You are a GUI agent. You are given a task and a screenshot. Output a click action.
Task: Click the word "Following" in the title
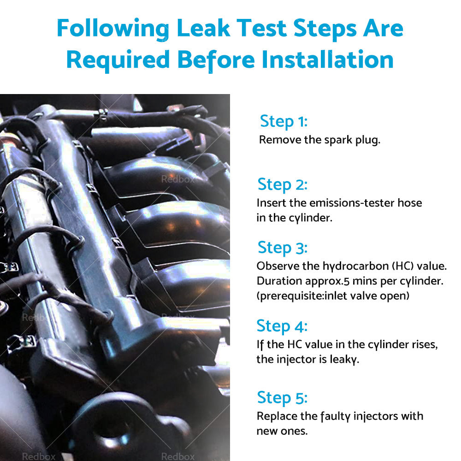113,29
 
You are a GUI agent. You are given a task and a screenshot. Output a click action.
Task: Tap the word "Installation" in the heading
327,59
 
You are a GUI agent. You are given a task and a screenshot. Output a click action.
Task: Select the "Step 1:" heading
284,121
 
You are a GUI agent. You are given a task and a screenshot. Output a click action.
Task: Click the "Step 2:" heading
283,185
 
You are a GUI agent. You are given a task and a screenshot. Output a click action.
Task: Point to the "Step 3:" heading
283,248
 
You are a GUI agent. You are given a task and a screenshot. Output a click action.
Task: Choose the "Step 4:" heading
282,326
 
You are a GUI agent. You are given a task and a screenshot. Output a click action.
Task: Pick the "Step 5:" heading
282,398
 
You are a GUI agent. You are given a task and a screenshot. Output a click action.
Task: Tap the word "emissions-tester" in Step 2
352,203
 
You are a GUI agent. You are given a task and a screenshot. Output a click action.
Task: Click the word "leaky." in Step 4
344,360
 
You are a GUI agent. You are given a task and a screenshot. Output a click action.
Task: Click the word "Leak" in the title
203,28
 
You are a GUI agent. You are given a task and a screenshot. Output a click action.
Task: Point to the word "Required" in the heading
118,60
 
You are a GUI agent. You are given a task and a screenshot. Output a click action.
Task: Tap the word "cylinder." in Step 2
310,218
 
